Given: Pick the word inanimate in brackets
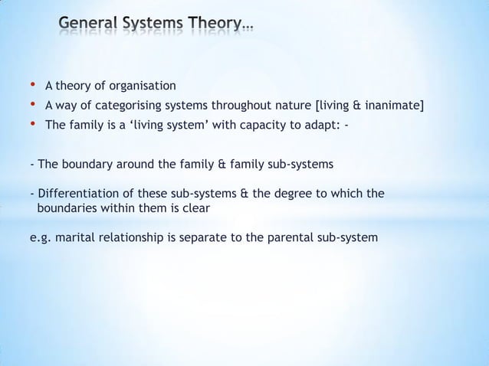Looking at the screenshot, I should [x=392, y=106].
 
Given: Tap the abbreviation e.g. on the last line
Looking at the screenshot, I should [x=38, y=237].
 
